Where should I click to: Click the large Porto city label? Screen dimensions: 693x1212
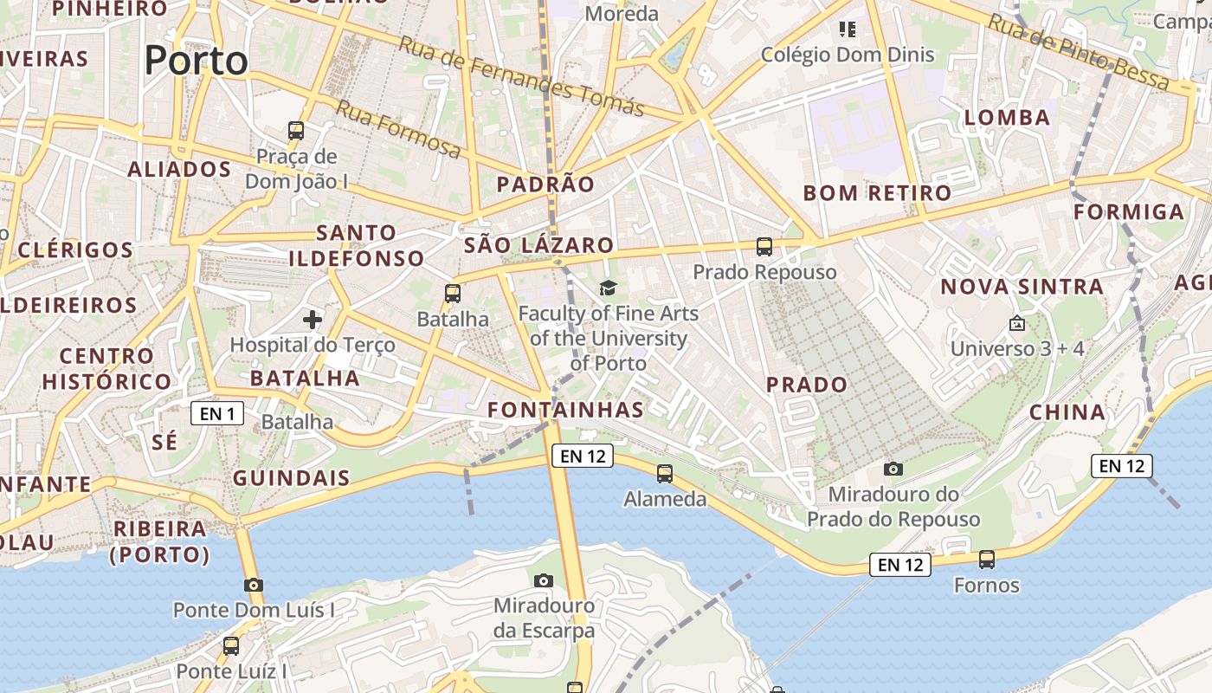[x=196, y=61]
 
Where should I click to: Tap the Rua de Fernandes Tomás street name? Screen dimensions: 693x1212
[x=521, y=76]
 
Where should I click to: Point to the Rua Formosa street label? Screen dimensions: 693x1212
[x=398, y=129]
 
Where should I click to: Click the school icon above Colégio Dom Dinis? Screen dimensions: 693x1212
[x=848, y=30]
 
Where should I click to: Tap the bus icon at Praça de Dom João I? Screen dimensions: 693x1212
[x=296, y=131]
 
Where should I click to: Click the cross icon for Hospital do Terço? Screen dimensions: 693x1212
[x=313, y=320]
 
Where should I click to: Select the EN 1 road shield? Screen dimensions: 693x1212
[x=217, y=414]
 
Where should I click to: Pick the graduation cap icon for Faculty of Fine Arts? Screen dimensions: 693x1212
[x=608, y=288]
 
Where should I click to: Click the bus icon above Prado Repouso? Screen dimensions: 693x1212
[x=764, y=247]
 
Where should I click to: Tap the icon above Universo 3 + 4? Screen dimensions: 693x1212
[x=1017, y=323]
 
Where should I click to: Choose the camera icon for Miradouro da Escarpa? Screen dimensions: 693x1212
[x=544, y=580]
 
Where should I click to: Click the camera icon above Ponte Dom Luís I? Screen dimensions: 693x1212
[x=254, y=585]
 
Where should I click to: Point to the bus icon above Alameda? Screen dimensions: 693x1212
[x=665, y=474]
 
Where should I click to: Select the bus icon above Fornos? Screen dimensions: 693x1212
[x=987, y=560]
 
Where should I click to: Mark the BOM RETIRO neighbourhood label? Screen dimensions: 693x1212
[x=877, y=193]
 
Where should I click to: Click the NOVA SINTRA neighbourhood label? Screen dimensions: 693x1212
[x=1022, y=287]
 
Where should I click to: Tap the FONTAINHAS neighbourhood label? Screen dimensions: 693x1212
[x=565, y=410]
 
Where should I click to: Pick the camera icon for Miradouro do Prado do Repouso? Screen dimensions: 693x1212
[x=893, y=470]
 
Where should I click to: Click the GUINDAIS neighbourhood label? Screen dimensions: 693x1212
[x=292, y=478]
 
